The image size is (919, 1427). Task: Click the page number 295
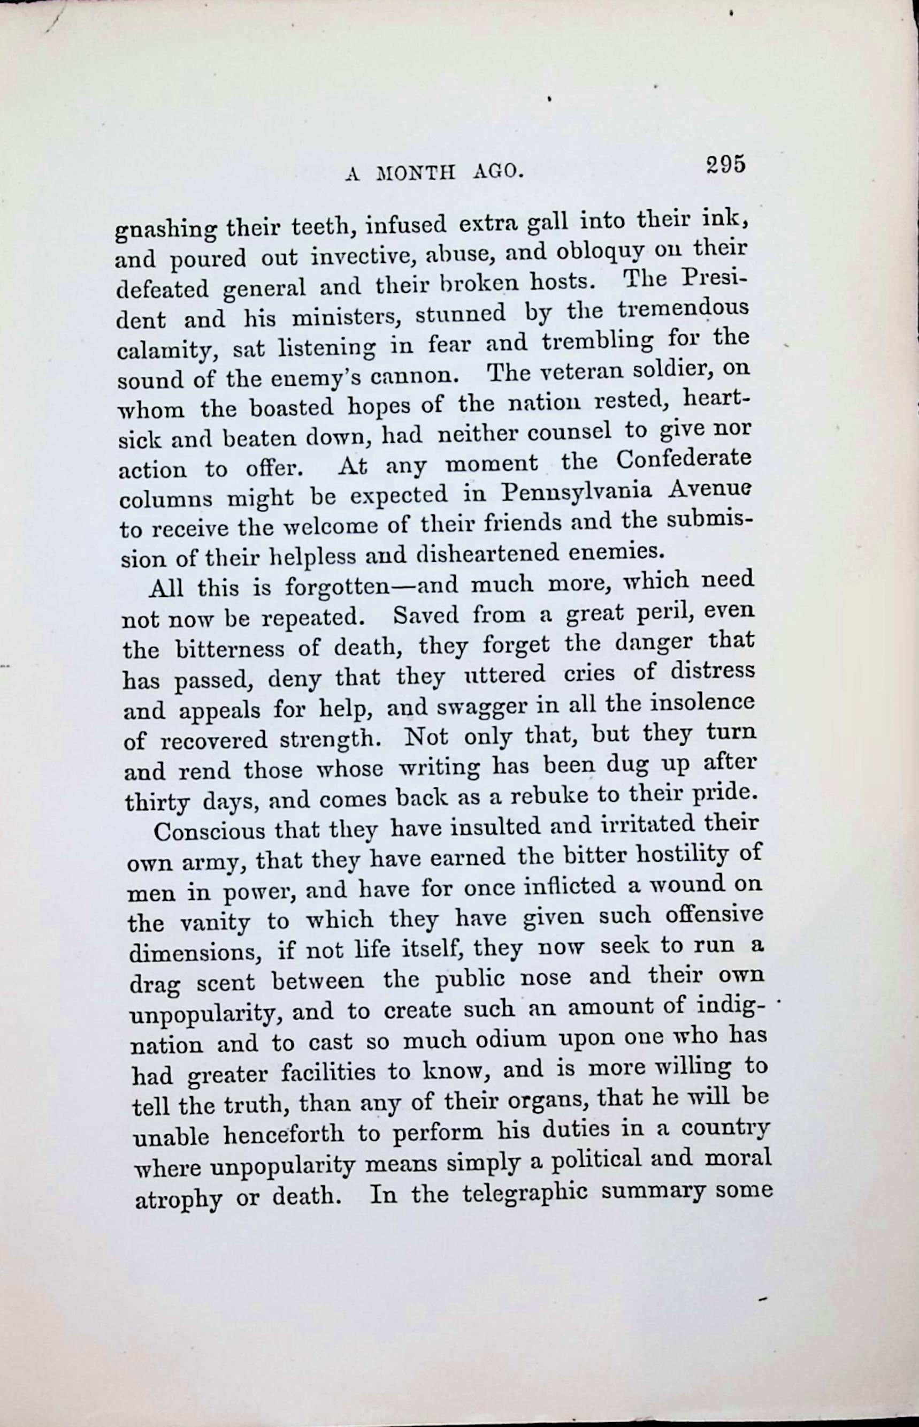(725, 164)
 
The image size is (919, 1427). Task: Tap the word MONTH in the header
(416, 173)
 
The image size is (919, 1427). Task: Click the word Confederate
(683, 460)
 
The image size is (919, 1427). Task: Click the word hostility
(682, 855)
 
